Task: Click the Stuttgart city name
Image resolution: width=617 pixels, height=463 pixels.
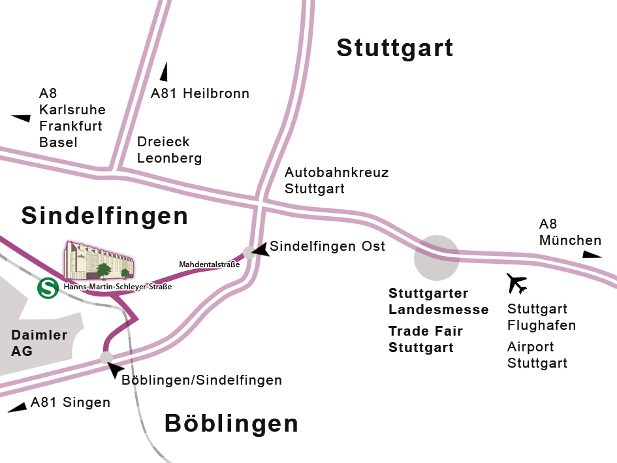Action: tap(394, 48)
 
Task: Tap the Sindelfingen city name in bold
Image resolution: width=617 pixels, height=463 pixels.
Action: tap(104, 216)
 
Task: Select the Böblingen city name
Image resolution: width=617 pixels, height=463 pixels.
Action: tap(231, 424)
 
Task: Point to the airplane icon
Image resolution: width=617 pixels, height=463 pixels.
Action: tap(516, 283)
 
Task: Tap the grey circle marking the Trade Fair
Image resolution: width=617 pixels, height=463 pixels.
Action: tap(436, 257)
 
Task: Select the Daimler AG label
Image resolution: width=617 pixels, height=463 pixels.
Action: tap(39, 343)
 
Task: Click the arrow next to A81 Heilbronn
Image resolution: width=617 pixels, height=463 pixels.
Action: tap(164, 72)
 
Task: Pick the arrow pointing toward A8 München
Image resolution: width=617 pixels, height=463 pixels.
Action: tap(592, 255)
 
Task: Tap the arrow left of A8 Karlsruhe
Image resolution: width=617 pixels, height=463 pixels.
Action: tap(21, 118)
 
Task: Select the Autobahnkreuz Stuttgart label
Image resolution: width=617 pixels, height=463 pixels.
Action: tap(336, 181)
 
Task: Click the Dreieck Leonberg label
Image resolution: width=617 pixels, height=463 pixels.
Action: tap(169, 150)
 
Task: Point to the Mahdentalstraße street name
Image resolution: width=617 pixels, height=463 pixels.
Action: tap(209, 264)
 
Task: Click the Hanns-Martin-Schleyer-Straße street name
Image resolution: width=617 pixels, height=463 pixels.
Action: tap(118, 286)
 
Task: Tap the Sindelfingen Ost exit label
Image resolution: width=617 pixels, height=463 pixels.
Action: tap(327, 246)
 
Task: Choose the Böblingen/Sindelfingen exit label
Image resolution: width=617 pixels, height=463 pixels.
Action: tap(202, 380)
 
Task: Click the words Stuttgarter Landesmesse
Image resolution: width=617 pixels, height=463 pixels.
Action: tap(438, 301)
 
